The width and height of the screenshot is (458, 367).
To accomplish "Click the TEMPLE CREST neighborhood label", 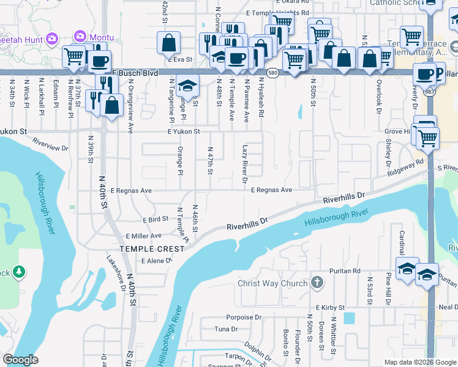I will [152, 249].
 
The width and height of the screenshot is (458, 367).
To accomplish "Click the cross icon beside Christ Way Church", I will [317, 283].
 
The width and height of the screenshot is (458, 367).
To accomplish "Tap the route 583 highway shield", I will [432, 92].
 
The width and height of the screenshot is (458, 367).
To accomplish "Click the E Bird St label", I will [155, 219].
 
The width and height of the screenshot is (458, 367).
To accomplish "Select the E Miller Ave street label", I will [143, 235].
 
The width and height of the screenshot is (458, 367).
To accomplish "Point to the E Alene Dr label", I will [157, 261].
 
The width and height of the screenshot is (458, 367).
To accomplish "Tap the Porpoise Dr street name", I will [244, 317].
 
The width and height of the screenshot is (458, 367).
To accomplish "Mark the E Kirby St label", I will [331, 307].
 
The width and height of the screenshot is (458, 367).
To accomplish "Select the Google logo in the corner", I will [21, 360].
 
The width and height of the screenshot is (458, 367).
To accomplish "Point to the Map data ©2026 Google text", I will [419, 362].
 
